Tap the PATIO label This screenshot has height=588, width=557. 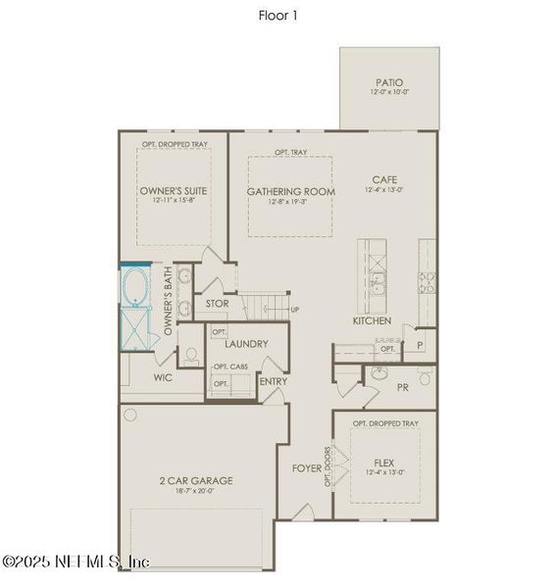pyautogui.click(x=388, y=82)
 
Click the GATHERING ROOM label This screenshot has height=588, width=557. pyautogui.click(x=290, y=190)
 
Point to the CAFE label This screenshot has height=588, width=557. pyautogui.click(x=383, y=179)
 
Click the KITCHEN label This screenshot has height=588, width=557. pyautogui.click(x=373, y=320)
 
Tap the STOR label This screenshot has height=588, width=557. pyautogui.click(x=218, y=304)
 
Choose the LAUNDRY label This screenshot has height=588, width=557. pyautogui.click(x=246, y=344)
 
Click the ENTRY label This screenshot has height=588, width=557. pyautogui.click(x=274, y=381)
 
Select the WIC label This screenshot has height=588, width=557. pyautogui.click(x=164, y=376)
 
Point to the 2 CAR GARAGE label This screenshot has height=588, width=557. pyautogui.click(x=196, y=480)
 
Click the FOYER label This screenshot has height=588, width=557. pyautogui.click(x=306, y=467)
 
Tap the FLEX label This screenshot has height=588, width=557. pyautogui.click(x=383, y=462)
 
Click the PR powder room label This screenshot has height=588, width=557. pyautogui.click(x=402, y=387)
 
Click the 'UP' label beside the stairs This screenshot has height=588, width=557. pyautogui.click(x=295, y=310)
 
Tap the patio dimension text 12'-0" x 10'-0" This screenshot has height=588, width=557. pyautogui.click(x=388, y=93)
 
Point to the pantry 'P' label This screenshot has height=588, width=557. pyautogui.click(x=420, y=345)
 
